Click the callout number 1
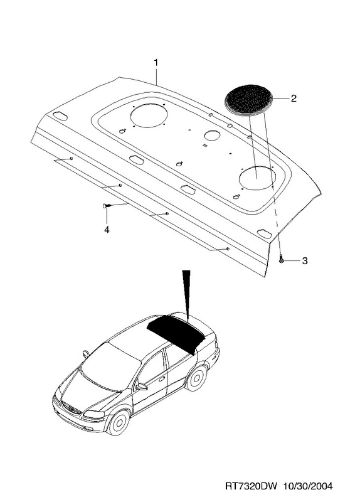click(156, 62)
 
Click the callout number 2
click(293, 99)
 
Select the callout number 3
click(304, 261)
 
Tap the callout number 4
click(107, 230)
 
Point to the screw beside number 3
click(280, 259)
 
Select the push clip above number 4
click(106, 206)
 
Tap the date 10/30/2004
click(307, 486)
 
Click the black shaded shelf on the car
click(176, 333)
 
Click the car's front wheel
click(119, 422)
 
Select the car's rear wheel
click(196, 378)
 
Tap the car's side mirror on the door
click(140, 387)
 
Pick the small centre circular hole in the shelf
click(212, 135)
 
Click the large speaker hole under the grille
click(258, 179)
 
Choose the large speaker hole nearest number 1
click(149, 115)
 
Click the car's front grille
click(71, 409)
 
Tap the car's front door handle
click(162, 379)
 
